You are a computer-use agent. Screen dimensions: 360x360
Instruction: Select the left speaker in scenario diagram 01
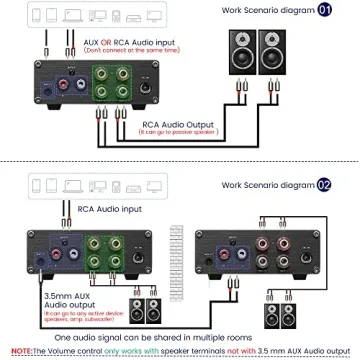point(242,54)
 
